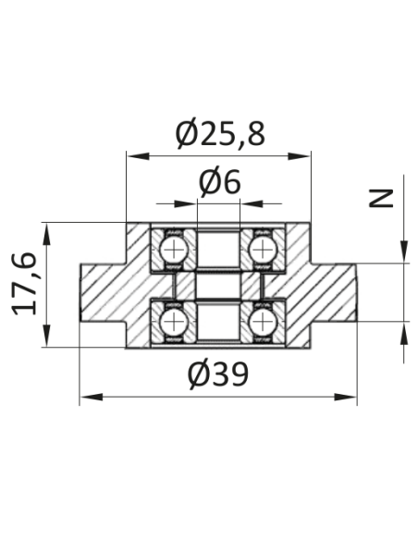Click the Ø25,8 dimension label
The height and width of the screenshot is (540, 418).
point(220,133)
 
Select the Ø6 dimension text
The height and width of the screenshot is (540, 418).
point(220,182)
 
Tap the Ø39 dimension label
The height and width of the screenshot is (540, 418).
point(218,374)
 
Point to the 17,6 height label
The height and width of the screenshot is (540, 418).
point(24,285)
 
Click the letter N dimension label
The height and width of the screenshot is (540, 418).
point(381,198)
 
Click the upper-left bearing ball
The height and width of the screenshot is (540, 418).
point(174,250)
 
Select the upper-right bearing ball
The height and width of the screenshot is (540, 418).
point(263,250)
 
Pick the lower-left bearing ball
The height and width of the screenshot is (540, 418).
point(174,323)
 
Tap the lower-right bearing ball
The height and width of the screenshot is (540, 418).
point(263,323)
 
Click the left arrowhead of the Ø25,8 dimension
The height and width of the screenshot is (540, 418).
point(138,156)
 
